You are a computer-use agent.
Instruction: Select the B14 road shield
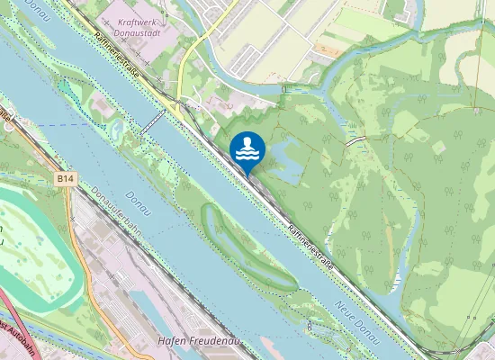(x=65, y=180)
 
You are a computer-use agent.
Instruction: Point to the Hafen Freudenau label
(x=191, y=341)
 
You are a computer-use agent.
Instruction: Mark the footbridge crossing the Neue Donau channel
(x=151, y=122)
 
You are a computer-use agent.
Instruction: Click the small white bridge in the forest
(x=356, y=142)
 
